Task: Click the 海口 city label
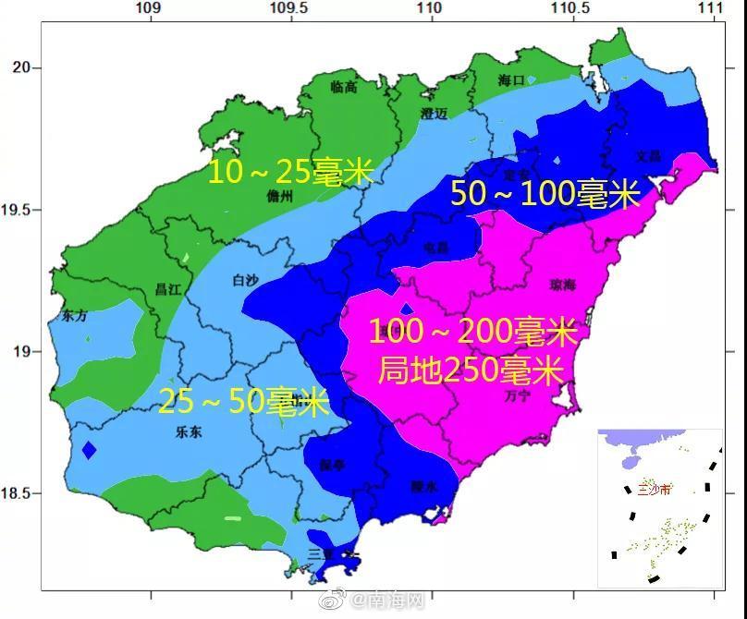coord(511,79)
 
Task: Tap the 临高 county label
coord(343,87)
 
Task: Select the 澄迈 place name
coord(434,114)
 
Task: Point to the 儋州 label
coord(278,197)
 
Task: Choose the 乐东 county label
coord(190,431)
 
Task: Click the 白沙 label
coord(247,280)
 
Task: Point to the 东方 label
coord(74,316)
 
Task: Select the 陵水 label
coord(423,486)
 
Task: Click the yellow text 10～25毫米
coord(288,171)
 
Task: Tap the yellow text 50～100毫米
coord(545,194)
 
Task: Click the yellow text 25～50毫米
coord(243,402)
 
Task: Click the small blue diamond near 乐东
coord(89,451)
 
